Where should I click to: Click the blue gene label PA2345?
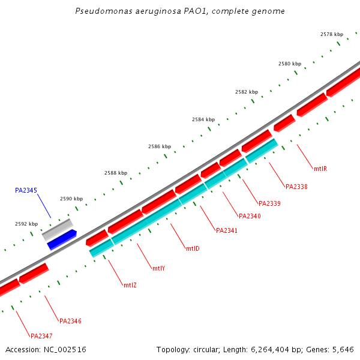pos(26,190)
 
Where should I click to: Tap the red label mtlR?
pos(320,169)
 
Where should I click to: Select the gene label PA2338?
pos(296,187)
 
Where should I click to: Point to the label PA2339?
pos(270,203)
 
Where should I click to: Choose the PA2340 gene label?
pos(250,216)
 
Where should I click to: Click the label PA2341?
pos(227,230)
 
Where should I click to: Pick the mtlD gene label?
pos(193,248)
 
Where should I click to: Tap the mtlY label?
pos(158,268)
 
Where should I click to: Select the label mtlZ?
pos(130,285)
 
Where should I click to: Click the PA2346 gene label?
pos(70,321)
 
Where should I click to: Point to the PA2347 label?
pos(41,336)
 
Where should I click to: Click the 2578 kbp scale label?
pos(332,34)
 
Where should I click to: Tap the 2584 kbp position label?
pos(203,119)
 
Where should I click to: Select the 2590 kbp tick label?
pos(71,199)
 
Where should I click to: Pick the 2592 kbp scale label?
pos(26,224)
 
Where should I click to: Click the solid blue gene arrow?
pos(62,239)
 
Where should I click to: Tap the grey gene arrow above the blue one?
pos(58,229)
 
